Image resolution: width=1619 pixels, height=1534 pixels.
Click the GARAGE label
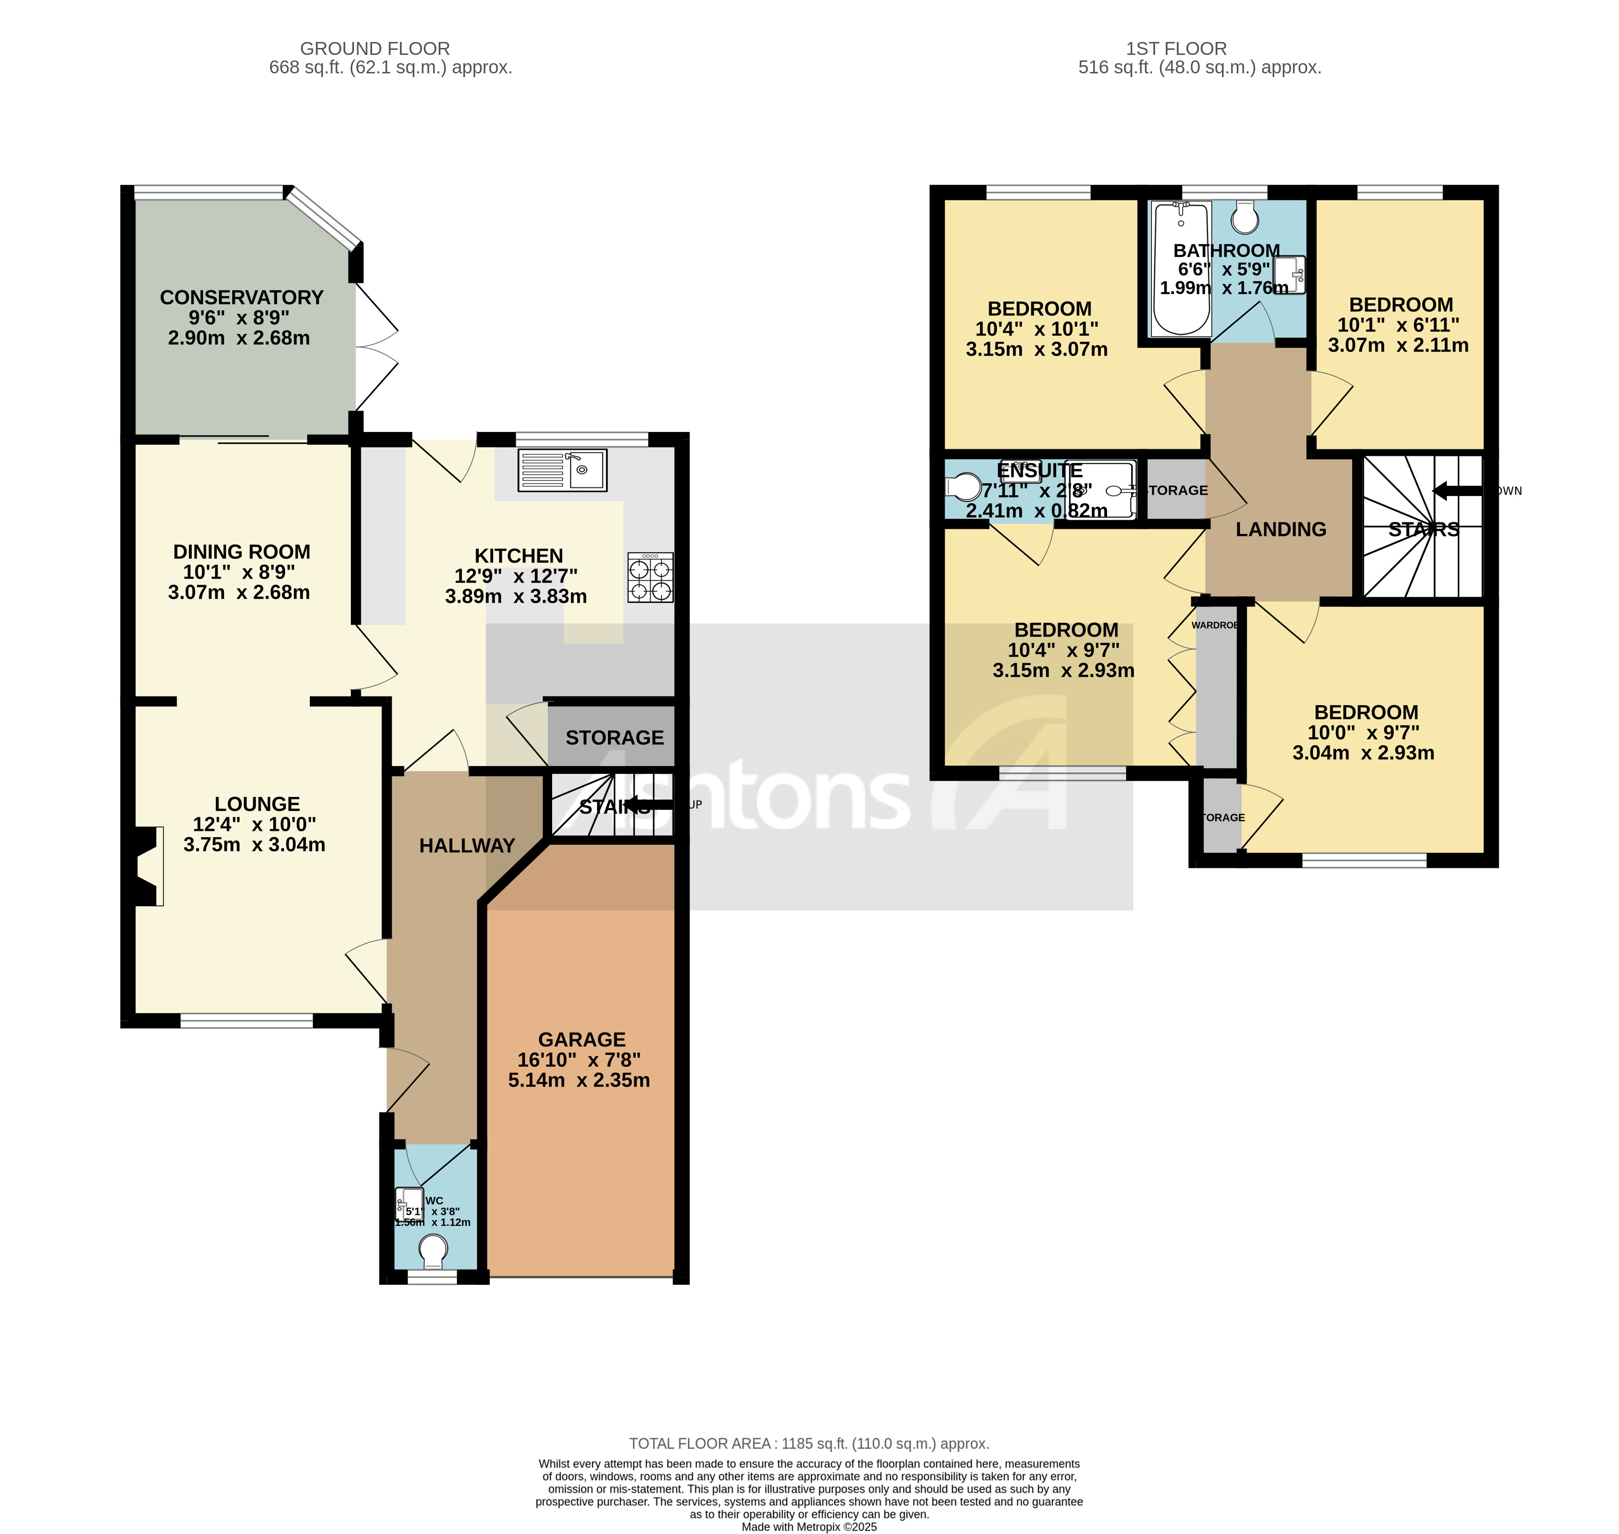(x=582, y=1039)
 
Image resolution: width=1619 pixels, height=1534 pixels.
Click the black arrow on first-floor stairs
(x=1456, y=491)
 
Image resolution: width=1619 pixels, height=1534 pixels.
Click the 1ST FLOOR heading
(x=1176, y=48)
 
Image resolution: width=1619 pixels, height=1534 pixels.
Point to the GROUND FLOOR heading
(x=375, y=48)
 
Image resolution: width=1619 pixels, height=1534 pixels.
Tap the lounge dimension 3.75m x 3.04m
(x=253, y=845)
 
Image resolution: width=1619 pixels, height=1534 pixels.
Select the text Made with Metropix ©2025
(x=808, y=1527)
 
